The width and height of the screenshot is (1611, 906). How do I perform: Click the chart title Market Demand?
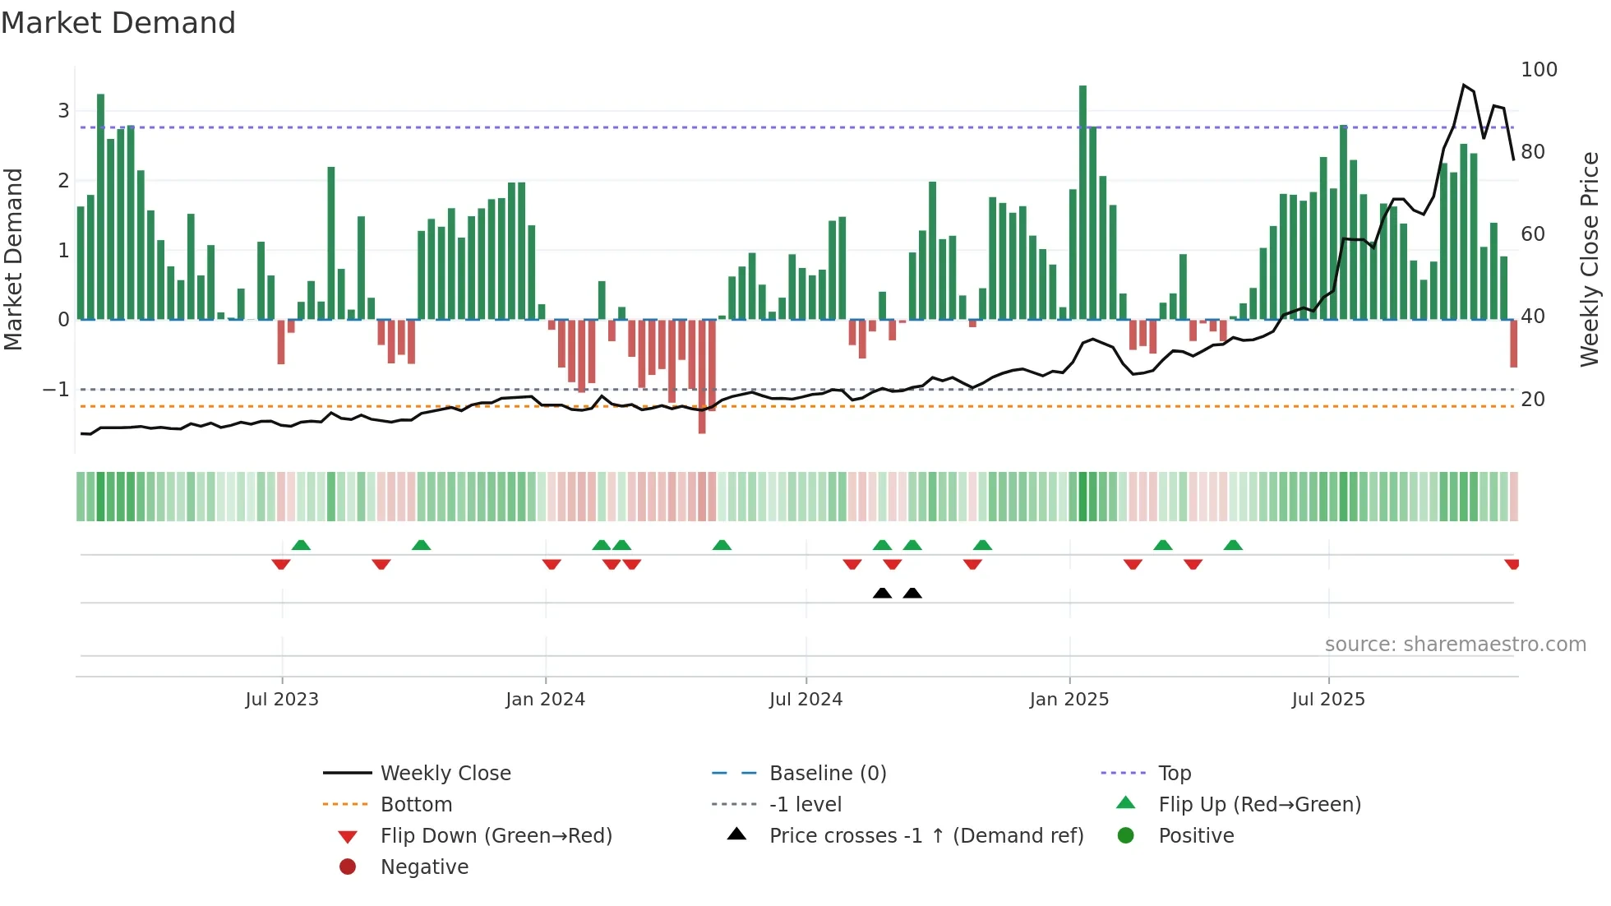(118, 23)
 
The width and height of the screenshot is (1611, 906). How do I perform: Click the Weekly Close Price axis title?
(1590, 259)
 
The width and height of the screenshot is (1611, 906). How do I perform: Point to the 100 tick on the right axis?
(1539, 70)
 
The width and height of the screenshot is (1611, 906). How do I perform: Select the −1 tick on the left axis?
(56, 390)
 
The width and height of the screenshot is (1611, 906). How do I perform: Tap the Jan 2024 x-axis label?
(545, 700)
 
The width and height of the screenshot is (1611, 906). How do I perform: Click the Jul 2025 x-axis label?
(1327, 700)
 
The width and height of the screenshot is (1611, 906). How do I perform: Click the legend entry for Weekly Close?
(445, 774)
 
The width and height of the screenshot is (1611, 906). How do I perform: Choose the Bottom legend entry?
(416, 805)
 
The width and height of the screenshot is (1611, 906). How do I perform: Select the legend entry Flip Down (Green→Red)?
(496, 836)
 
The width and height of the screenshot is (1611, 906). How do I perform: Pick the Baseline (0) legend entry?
(827, 774)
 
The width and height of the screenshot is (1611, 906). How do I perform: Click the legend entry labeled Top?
(1175, 774)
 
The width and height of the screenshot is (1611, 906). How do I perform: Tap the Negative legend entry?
(424, 867)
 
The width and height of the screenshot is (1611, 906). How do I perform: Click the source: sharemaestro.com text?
(1455, 645)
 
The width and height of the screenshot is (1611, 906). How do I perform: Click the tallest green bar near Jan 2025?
(1082, 201)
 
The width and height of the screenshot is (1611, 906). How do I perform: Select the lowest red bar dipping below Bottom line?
(702, 378)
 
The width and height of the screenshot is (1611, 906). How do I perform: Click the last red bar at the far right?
(1513, 344)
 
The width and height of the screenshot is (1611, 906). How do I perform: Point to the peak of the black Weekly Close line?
(1464, 86)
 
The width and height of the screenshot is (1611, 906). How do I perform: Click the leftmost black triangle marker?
(882, 593)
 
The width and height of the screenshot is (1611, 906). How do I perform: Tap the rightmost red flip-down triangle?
(1512, 564)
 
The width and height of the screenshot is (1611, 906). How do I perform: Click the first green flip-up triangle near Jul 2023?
(301, 545)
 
